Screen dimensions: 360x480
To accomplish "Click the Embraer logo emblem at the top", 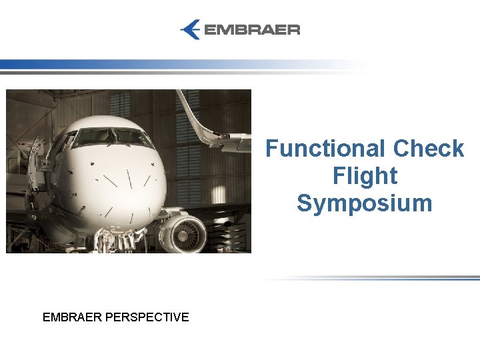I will coord(191,29).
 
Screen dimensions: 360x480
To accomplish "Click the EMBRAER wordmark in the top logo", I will coord(251,30).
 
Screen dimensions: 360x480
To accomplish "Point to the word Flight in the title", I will coord(365,176).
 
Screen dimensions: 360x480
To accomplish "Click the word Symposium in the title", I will coord(365,203).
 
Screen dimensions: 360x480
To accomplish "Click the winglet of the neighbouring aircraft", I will coord(200,120).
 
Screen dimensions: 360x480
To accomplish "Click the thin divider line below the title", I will coord(373,278).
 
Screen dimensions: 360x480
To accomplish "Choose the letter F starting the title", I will coord(272,149).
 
